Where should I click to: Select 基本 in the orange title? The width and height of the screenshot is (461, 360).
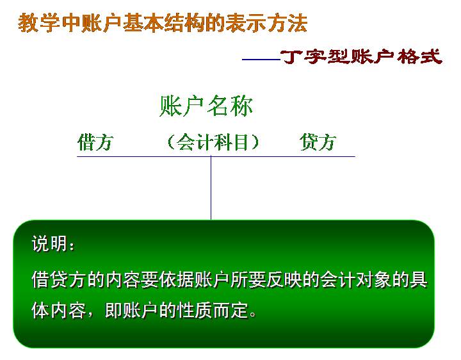[143, 22]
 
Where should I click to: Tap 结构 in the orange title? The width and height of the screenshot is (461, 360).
[184, 22]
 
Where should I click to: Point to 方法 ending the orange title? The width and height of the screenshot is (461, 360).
[287, 22]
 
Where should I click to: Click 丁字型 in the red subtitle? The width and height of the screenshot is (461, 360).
[314, 56]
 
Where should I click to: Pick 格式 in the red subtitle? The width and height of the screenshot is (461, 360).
[419, 56]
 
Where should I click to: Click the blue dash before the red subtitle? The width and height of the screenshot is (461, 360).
[261, 60]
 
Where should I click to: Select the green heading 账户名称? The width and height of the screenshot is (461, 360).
[206, 106]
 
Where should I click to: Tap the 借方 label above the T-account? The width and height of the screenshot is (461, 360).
[95, 142]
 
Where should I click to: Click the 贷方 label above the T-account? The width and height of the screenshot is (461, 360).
[318, 142]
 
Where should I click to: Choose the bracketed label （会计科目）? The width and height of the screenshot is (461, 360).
[213, 142]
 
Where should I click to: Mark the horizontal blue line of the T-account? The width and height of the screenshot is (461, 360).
[216, 156]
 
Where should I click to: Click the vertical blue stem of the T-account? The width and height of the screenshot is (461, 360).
[211, 188]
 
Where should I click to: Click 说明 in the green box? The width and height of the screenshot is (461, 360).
[49, 243]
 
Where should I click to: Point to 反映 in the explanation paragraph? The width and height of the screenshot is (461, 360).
[284, 279]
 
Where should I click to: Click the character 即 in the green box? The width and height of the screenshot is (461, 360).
[113, 310]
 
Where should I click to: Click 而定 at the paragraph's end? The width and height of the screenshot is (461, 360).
[230, 310]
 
